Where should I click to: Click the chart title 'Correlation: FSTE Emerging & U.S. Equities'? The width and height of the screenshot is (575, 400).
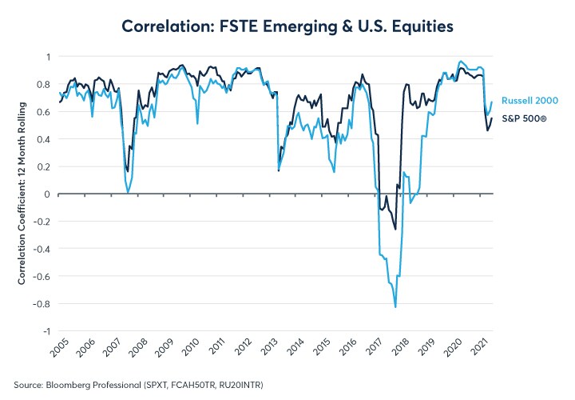click(287, 26)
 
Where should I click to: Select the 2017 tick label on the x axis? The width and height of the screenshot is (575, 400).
click(378, 350)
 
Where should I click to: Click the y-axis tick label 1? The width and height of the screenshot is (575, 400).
click(47, 57)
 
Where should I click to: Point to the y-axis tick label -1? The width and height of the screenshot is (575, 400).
click(46, 331)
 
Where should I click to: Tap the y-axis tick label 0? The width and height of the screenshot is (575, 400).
click(47, 194)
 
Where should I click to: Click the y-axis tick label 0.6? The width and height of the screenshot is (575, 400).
click(44, 112)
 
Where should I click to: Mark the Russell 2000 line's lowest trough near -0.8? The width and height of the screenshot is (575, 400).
click(395, 306)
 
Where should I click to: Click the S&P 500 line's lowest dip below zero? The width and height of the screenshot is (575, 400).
click(395, 230)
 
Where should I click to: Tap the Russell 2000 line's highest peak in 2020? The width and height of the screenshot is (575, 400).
click(461, 61)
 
